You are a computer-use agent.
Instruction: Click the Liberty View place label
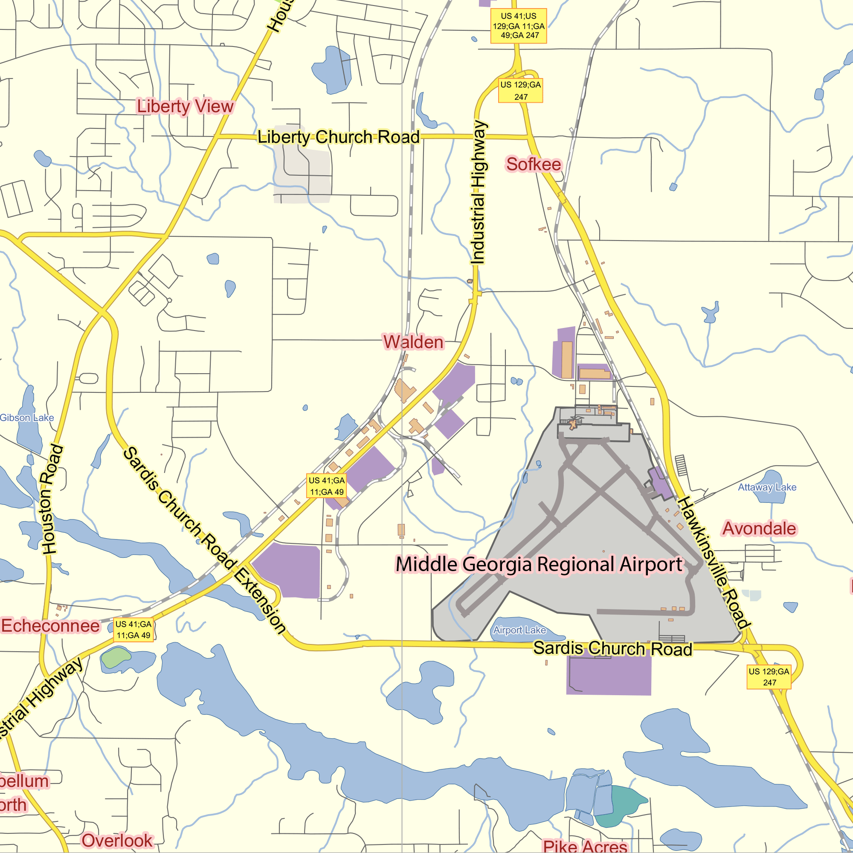coord(185,106)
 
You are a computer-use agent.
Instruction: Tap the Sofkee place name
coord(534,164)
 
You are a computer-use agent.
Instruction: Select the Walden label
coord(413,342)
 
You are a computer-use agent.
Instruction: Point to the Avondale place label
coord(760,528)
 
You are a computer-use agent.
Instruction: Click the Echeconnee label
coord(50,626)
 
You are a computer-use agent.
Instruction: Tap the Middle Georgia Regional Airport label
coord(539,564)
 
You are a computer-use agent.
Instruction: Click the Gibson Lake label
coord(27,418)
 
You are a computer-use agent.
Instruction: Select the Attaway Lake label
coord(767,487)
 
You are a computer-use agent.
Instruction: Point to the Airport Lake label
coord(519,630)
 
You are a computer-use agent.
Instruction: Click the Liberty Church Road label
coord(339,137)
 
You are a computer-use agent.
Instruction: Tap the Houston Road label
coord(52,499)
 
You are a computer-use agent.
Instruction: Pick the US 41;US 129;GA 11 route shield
coord(519,26)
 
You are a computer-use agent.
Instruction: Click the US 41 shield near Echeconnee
coord(133,630)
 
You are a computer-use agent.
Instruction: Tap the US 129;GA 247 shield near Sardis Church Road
coord(769,677)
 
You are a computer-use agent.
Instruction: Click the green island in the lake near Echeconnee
coord(116,657)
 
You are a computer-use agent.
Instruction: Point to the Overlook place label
coord(117,840)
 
